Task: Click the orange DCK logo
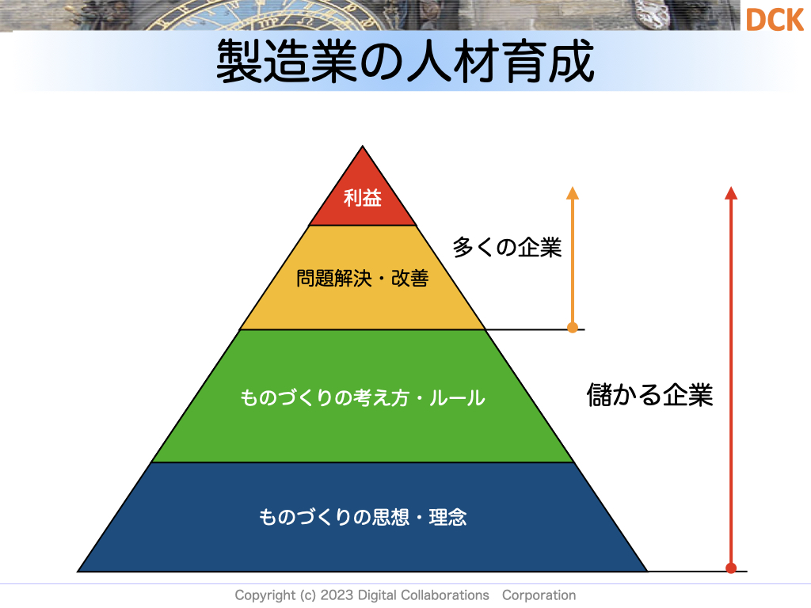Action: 775,20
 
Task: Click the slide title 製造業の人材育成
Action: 405,62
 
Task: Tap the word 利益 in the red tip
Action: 363,198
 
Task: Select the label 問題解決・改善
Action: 362,278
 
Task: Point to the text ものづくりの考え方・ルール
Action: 363,397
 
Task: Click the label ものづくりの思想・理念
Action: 363,516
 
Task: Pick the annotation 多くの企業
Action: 507,247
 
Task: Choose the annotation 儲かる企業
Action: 649,395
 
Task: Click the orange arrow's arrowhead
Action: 573,193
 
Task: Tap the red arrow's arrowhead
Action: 731,193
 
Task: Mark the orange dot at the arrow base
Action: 573,327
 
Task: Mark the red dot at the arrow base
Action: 731,568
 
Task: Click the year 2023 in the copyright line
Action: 337,595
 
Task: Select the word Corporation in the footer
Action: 539,595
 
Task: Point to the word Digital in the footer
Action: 375,595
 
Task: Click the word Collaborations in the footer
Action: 442,595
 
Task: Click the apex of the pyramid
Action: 363,146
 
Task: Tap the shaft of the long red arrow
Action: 731,381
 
